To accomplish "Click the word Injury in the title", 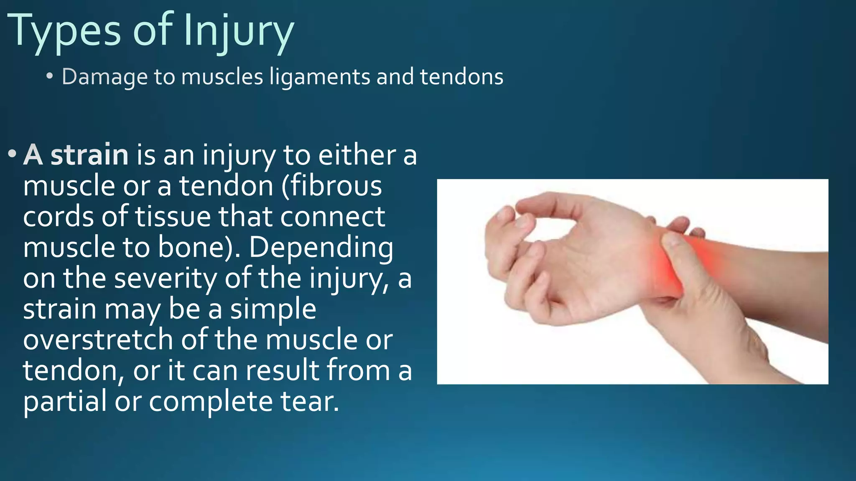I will coord(238,31).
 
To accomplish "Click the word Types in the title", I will coord(65,31).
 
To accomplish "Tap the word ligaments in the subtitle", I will coord(320,77).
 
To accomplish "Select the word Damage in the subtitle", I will coord(104,77).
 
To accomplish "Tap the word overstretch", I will coord(98,340).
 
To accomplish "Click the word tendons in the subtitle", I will coord(461,77).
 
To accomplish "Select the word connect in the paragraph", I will coord(332,217).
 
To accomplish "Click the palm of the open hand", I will coord(594,267).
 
